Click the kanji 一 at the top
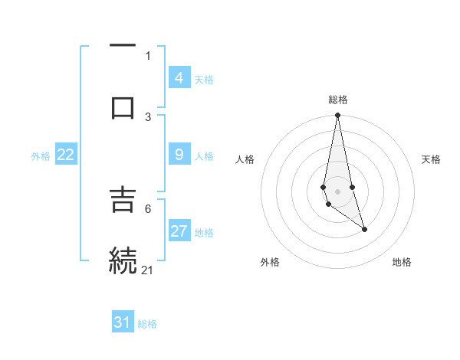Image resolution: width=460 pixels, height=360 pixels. tap(123, 46)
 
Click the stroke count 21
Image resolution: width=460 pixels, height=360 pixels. tap(148, 270)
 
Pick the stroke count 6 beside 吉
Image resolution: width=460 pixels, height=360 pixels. tap(148, 208)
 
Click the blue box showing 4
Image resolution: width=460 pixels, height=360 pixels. tap(179, 77)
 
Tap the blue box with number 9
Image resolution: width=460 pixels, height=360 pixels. tap(179, 155)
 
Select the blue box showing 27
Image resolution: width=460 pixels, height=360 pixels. tap(179, 231)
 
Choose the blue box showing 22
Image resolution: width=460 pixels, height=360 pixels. tap(66, 155)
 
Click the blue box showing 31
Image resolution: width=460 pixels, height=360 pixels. tap(123, 322)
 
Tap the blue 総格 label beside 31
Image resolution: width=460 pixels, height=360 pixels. tap(147, 324)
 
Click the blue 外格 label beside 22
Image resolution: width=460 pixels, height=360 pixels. tap(41, 156)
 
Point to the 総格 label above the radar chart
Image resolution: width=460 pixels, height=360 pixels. tap(338, 100)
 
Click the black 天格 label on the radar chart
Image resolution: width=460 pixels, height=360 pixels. tap(431, 159)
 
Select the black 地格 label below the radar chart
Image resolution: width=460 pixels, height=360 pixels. tap(402, 263)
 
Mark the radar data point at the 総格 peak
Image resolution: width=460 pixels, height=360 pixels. tap(337, 116)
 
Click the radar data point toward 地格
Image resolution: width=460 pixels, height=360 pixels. tap(364, 229)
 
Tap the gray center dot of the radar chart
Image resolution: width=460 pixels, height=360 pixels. tap(337, 191)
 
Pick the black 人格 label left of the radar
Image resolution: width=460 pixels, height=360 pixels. tap(245, 159)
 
